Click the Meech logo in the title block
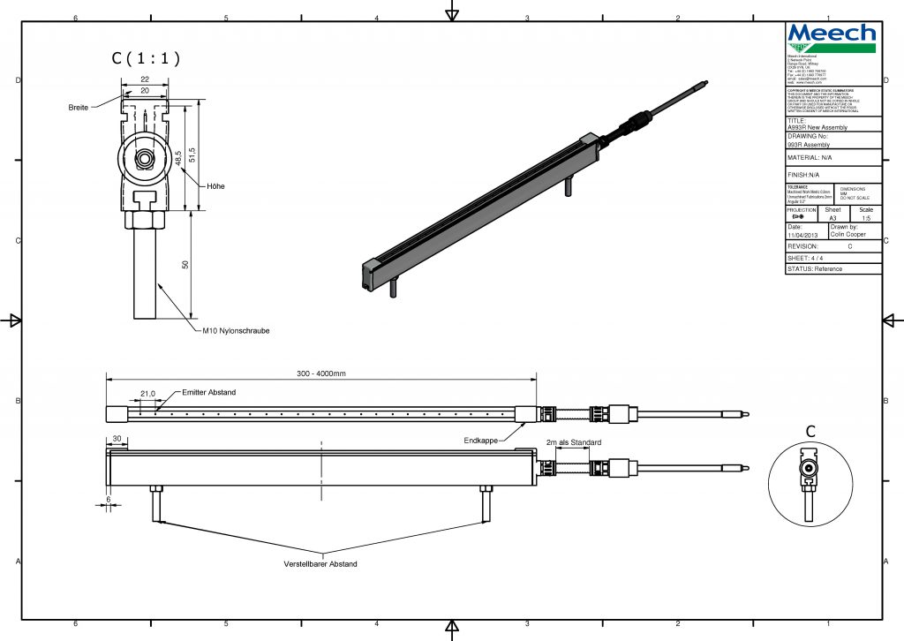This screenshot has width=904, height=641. [x=832, y=38]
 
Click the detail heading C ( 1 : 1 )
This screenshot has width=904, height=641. [x=146, y=59]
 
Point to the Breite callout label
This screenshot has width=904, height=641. [x=79, y=107]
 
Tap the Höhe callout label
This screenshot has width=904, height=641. [x=215, y=186]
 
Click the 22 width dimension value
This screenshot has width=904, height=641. [x=144, y=80]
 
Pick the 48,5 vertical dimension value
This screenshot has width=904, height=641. [x=179, y=157]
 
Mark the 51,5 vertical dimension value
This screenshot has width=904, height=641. [x=192, y=155]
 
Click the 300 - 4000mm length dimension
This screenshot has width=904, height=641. [x=320, y=373]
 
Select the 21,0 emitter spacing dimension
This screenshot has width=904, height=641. [x=148, y=393]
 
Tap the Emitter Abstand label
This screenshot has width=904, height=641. [x=209, y=392]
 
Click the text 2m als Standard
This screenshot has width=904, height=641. [x=574, y=442]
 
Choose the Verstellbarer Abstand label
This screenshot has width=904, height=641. [x=320, y=564]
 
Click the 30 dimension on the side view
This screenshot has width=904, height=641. [x=116, y=439]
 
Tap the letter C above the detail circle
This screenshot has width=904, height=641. [x=810, y=432]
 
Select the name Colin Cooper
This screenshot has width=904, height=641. [x=848, y=235]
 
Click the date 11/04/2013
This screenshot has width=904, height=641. [x=802, y=236]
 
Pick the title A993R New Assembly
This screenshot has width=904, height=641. [x=817, y=127]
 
